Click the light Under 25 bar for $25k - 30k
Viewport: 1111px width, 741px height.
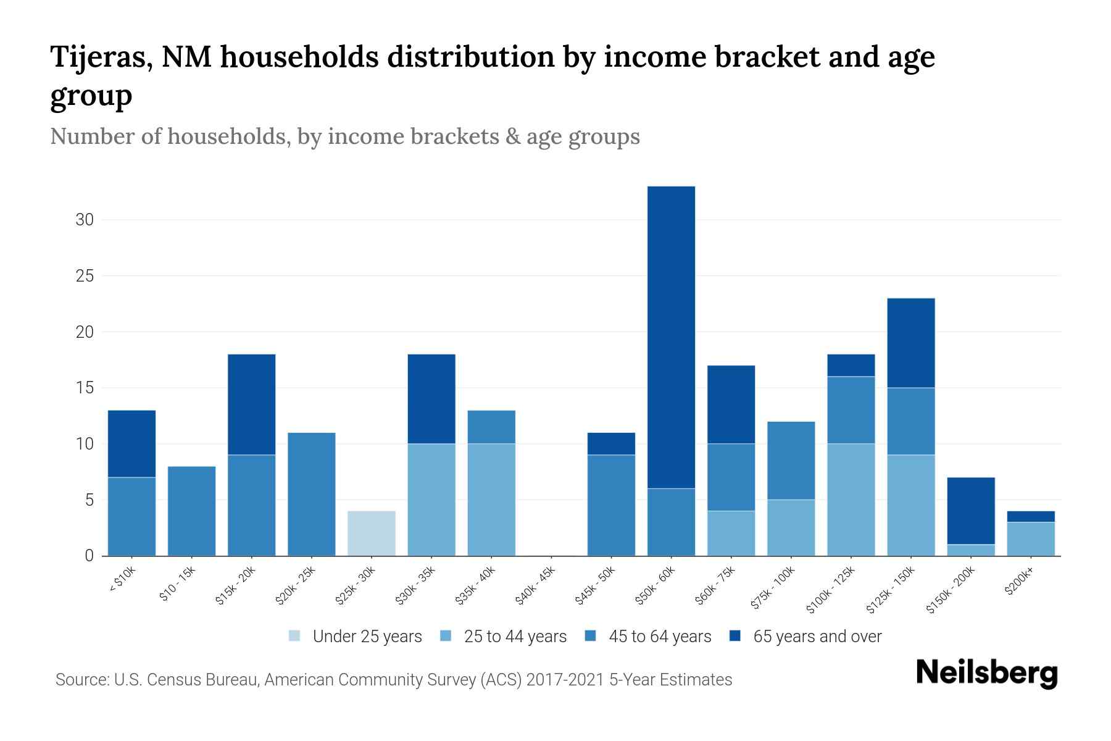[372, 533]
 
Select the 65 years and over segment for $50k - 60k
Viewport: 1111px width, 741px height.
[671, 337]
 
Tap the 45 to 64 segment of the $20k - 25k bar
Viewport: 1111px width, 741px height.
[312, 494]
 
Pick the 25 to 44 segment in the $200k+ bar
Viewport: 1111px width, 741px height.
[1031, 539]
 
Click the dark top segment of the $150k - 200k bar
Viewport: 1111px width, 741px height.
[971, 511]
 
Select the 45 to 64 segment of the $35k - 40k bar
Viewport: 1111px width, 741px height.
[491, 427]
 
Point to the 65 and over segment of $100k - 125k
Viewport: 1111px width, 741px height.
[851, 366]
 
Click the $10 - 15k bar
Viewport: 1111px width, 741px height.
[192, 511]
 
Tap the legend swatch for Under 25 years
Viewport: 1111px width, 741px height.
[295, 636]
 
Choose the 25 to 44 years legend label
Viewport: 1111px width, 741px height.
[515, 637]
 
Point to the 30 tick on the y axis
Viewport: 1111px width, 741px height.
[85, 220]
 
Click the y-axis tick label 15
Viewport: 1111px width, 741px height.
[85, 388]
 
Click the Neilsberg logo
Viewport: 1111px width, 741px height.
[986, 673]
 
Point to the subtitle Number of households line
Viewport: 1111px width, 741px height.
[344, 136]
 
